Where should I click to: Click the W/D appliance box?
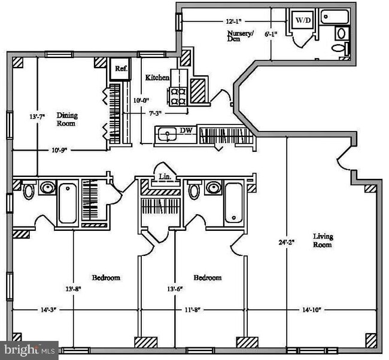click(303, 20)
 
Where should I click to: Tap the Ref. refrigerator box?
click(120, 69)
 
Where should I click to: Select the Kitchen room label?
click(157, 78)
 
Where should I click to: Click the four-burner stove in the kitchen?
click(178, 97)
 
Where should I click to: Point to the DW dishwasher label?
click(186, 130)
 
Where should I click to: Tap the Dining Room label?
click(67, 119)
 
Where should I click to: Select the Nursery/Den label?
click(240, 36)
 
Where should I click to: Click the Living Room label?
click(323, 240)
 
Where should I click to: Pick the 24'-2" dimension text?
click(287, 242)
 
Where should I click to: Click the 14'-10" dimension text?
click(312, 310)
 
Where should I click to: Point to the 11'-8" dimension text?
click(193, 310)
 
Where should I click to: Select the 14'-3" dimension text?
click(48, 310)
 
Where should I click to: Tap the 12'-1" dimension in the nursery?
click(233, 22)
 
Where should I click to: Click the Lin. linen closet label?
click(165, 177)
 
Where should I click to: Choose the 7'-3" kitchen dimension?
click(155, 114)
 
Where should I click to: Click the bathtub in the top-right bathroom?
click(335, 17)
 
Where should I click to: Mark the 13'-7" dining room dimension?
click(37, 117)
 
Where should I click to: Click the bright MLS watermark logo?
click(29, 350)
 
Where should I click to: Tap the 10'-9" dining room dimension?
click(59, 150)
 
